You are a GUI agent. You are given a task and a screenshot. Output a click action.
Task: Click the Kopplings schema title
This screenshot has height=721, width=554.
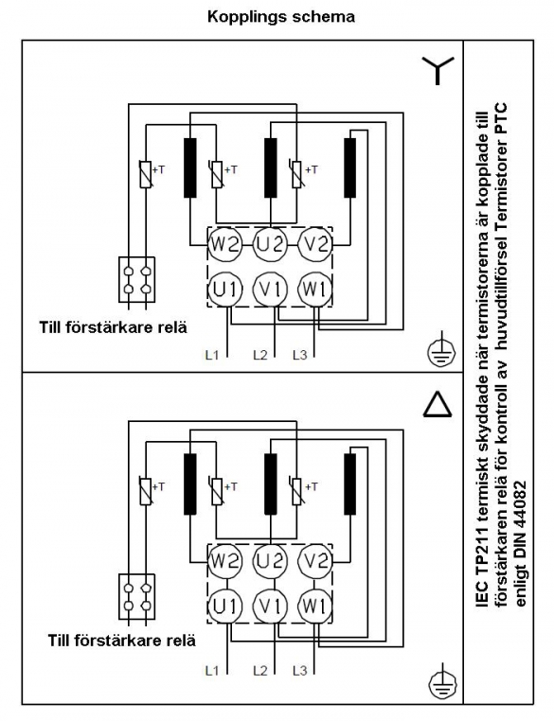point(281,17)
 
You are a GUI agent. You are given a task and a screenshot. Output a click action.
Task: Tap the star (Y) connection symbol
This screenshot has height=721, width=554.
point(438,70)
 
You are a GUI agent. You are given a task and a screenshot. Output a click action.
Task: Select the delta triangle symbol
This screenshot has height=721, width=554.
point(438,405)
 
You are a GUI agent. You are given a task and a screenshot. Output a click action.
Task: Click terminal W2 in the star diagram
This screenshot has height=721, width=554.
point(223,244)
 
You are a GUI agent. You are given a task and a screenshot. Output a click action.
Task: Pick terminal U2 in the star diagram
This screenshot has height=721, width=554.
point(270,244)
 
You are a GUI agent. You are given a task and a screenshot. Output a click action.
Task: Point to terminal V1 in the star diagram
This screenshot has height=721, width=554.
point(270,290)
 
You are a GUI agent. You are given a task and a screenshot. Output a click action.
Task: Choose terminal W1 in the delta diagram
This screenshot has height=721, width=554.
point(314,607)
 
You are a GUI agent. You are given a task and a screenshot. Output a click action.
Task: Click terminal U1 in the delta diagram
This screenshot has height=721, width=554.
point(224,607)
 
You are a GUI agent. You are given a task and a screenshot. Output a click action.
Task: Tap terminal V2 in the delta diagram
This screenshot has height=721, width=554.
point(314,561)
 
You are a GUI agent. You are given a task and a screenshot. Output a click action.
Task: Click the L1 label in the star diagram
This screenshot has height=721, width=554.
point(212,355)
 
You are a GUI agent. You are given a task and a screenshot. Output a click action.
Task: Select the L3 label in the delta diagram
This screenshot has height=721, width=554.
point(299,671)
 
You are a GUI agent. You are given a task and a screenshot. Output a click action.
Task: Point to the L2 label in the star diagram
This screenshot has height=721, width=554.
point(260,355)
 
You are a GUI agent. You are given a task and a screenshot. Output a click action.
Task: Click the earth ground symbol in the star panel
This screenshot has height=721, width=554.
point(441,351)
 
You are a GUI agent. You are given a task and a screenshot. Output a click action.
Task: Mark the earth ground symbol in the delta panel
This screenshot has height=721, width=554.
point(442,684)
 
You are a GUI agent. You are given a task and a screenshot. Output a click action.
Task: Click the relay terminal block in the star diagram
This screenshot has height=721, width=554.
point(137,279)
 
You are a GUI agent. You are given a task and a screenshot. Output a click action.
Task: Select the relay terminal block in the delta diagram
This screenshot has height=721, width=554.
point(137,597)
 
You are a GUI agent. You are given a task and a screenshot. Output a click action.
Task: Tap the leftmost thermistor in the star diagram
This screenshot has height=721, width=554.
point(146,174)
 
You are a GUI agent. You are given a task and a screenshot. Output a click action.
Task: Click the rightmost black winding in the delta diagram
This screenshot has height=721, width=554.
point(350,484)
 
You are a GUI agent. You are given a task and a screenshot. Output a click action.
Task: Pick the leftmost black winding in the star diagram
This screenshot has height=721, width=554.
point(190,167)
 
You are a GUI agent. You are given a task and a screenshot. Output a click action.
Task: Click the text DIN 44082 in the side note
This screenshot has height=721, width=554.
point(521,526)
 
